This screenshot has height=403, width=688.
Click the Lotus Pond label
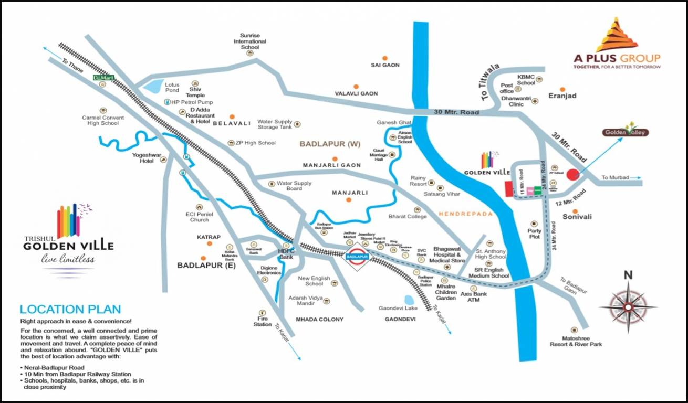[x=172, y=87]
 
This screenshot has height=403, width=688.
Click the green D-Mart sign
[x=103, y=78]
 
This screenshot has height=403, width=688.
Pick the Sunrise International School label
[x=250, y=41]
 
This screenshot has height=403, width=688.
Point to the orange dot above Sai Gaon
[x=385, y=57]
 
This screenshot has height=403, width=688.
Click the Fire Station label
[x=263, y=321]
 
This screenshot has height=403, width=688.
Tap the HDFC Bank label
[x=286, y=254]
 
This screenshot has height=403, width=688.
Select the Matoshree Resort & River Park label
[x=576, y=341]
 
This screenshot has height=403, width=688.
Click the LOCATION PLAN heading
[x=70, y=310]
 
